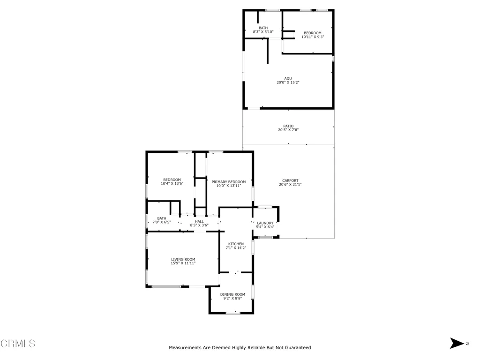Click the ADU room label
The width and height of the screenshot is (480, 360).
(288, 78)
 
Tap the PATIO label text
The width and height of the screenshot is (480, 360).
(288, 126)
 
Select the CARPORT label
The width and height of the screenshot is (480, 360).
(290, 180)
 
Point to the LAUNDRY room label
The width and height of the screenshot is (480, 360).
(265, 223)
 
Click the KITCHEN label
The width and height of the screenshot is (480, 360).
(236, 244)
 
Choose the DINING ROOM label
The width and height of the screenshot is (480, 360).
(232, 294)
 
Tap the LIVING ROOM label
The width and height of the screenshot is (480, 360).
(183, 259)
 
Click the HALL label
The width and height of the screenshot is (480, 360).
(199, 221)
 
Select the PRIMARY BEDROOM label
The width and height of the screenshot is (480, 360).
(228, 182)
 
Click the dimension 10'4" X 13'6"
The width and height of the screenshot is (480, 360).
(172, 184)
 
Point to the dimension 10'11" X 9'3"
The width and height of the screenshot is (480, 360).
(312, 37)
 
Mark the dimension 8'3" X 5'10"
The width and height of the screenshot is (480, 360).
(263, 32)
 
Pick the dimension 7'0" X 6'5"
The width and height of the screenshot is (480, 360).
(161, 222)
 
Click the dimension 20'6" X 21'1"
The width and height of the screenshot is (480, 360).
(290, 185)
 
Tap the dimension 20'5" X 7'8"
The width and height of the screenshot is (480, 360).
(288, 130)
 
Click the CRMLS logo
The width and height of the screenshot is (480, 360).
(18, 344)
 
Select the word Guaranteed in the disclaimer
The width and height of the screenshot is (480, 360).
(296, 348)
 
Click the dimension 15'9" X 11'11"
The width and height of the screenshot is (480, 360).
(183, 263)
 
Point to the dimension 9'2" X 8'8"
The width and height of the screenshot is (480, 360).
(232, 298)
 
